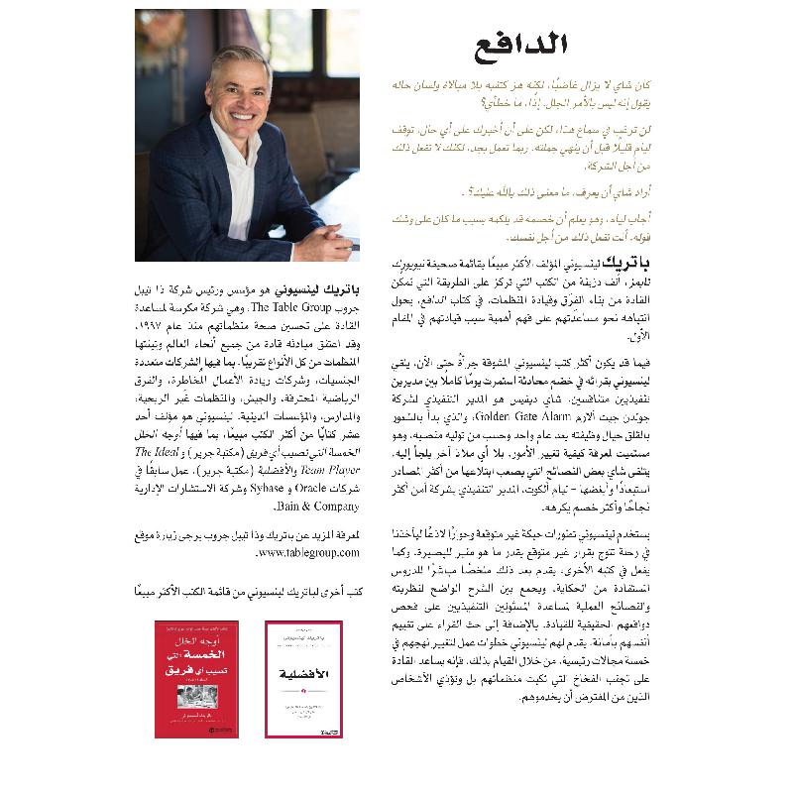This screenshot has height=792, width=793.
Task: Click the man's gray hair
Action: pos(238,54)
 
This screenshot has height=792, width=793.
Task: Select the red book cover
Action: pos(196,678)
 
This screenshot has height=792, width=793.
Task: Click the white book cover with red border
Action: pos(303,678)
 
